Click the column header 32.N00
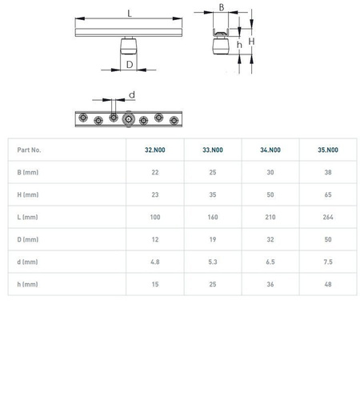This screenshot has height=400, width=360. tap(155, 150)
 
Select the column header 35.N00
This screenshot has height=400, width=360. tap(328, 150)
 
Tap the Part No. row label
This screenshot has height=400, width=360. tap(29, 150)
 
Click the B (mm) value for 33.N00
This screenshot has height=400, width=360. tap(213, 172)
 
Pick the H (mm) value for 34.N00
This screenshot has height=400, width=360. tap(270, 194)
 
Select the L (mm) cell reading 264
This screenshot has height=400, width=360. tap(328, 217)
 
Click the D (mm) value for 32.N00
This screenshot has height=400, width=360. tap(155, 239)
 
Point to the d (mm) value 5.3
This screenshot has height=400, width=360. tap(213, 262)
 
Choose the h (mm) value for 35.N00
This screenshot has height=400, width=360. tap(328, 284)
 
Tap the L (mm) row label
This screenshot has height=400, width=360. tap(27, 217)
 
